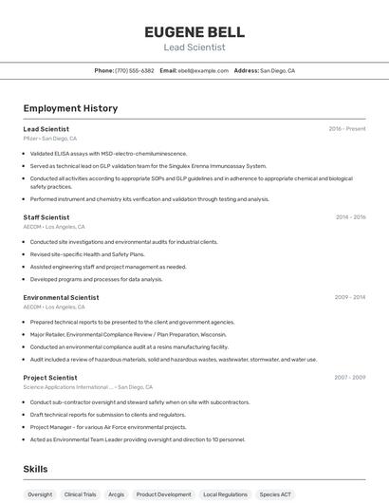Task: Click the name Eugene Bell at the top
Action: click(194, 31)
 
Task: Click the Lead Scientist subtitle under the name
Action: click(194, 47)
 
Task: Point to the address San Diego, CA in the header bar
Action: click(277, 70)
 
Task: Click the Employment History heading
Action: click(70, 108)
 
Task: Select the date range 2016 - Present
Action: click(347, 129)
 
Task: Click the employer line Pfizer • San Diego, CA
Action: click(50, 139)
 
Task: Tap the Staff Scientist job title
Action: click(46, 217)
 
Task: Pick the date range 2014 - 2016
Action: click(350, 217)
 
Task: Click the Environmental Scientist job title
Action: click(61, 297)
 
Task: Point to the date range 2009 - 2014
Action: click(350, 297)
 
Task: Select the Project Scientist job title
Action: click(50, 378)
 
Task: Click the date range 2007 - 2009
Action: click(350, 378)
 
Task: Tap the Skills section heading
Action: click(35, 469)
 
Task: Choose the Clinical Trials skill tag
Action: click(80, 494)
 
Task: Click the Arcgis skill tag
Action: click(116, 494)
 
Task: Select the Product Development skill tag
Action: click(163, 494)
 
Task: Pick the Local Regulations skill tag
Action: click(225, 494)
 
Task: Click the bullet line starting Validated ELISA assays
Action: click(108, 153)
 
